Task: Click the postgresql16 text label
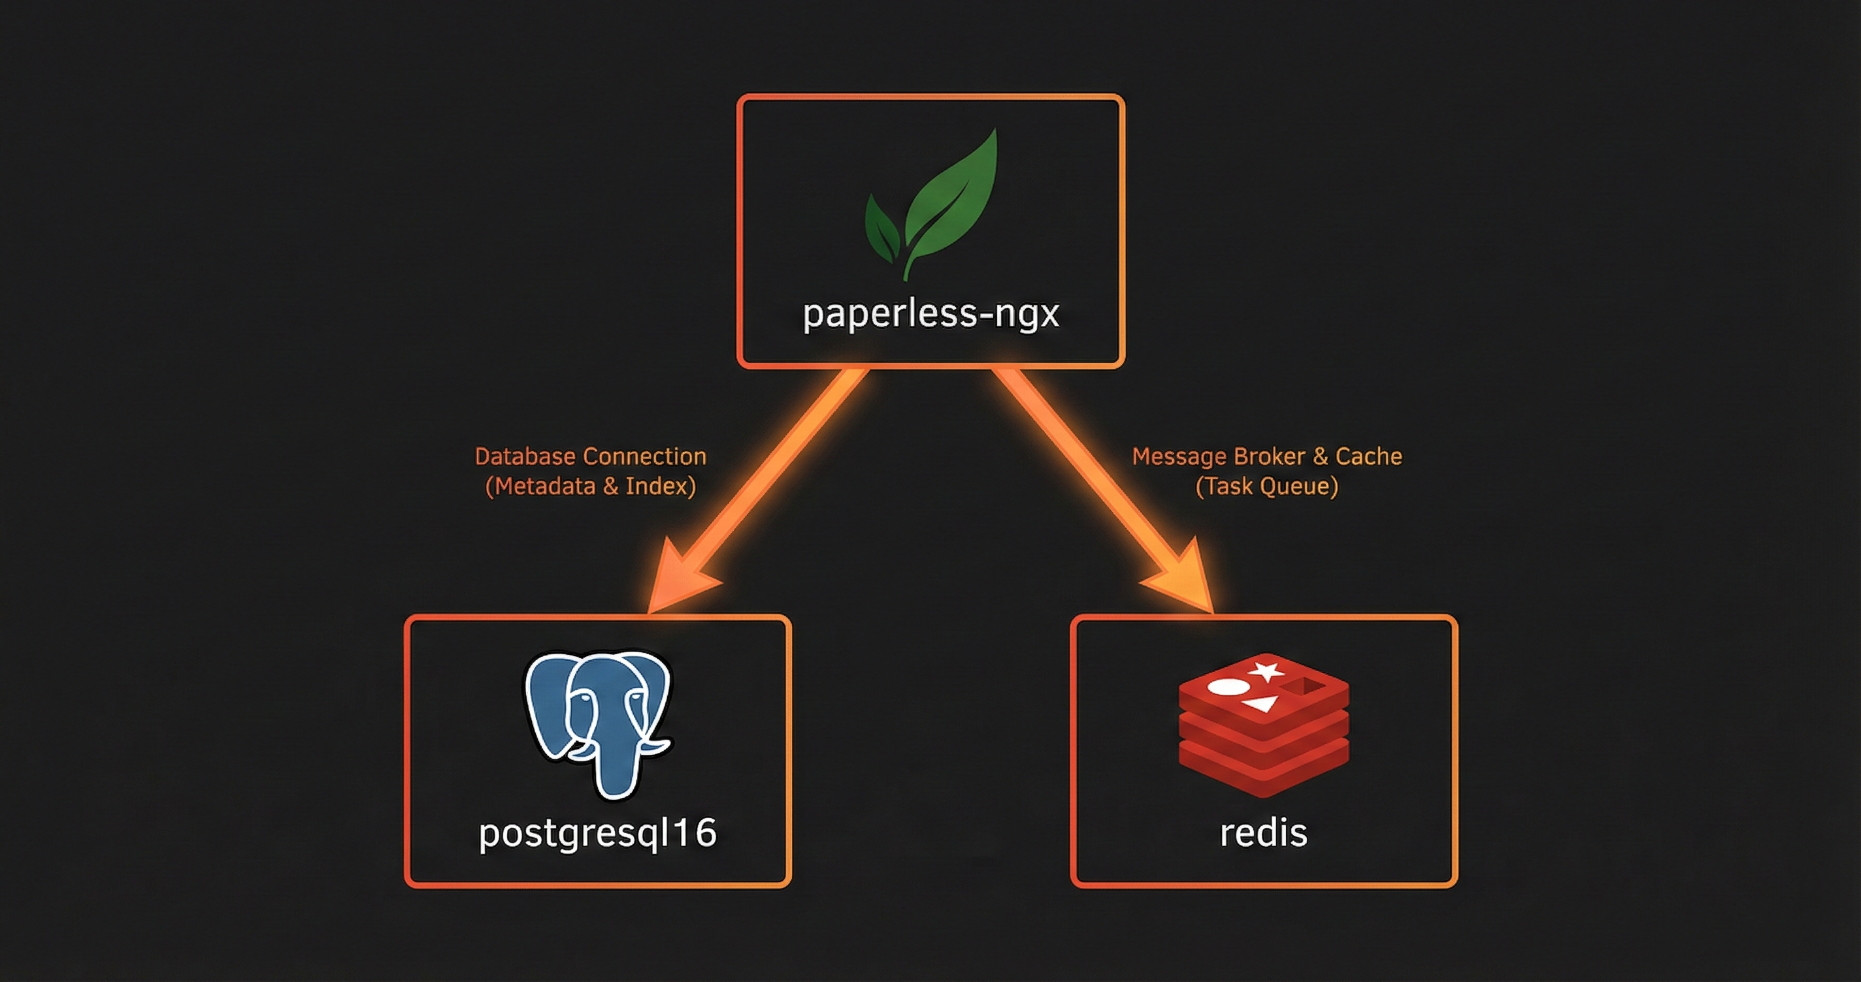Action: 597,832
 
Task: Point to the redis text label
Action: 1264,832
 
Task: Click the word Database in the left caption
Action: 525,456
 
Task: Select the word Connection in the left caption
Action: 644,456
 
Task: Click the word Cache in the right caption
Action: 1368,456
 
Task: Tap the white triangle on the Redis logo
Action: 1260,703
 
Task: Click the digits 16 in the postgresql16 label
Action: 695,832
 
